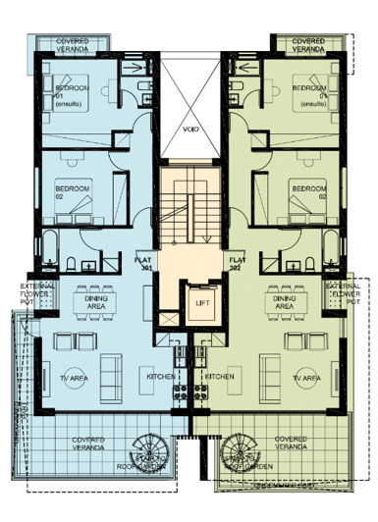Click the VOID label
190,128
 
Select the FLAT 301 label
142,263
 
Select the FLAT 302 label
235,263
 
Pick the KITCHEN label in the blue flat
161,376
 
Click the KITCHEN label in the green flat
218,376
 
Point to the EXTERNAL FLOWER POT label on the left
20,293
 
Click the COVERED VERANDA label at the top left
73,45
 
